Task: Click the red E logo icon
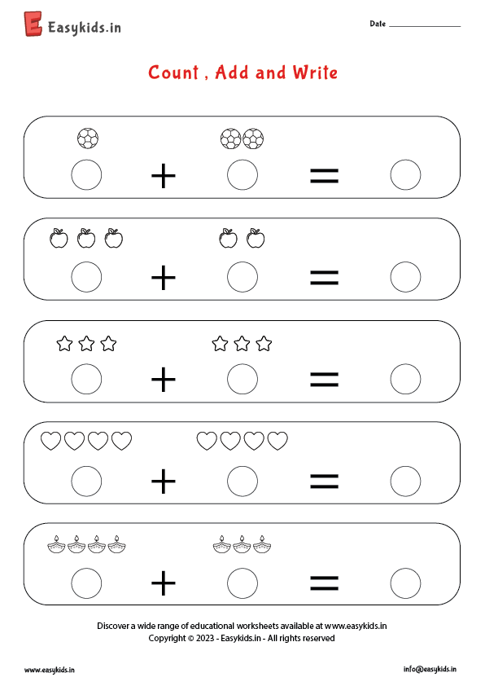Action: (x=33, y=24)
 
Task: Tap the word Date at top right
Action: (x=378, y=24)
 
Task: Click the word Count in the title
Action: (x=173, y=73)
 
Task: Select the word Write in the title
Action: (x=315, y=73)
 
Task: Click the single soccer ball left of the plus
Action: (x=87, y=139)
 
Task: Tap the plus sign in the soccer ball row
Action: (x=164, y=176)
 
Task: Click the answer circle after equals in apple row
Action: (x=405, y=277)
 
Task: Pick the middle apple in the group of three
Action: (x=86, y=239)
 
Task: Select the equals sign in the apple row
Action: (x=324, y=277)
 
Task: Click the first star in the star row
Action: (x=64, y=344)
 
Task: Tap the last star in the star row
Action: (x=264, y=344)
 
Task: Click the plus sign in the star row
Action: (x=164, y=379)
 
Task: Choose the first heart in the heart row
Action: (x=50, y=441)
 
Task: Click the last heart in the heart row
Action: (x=277, y=441)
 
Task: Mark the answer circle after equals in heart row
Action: (x=405, y=482)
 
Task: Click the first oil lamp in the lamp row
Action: (x=56, y=544)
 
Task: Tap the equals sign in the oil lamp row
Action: (x=324, y=583)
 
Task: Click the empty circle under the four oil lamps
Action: (x=86, y=583)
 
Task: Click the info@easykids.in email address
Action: (x=430, y=669)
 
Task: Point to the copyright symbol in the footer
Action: (x=190, y=638)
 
